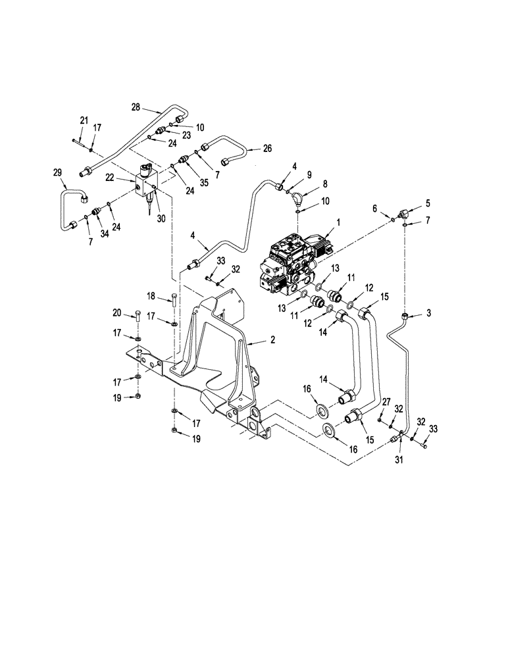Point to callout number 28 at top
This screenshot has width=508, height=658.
click(136, 107)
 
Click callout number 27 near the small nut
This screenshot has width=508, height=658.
click(387, 401)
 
